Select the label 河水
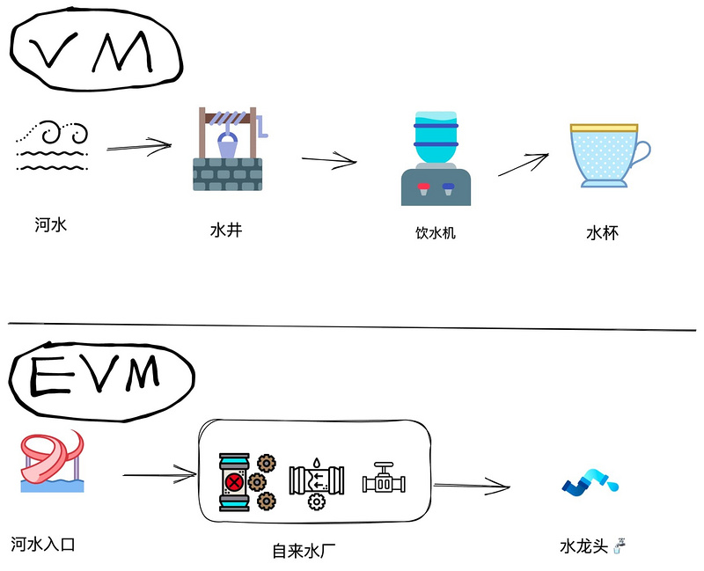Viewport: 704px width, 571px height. coord(51,225)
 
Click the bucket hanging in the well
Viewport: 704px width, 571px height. coord(226,144)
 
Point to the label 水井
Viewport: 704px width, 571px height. coord(225,231)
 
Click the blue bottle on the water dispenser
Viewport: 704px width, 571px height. coord(436,137)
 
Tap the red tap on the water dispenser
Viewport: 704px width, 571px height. coord(423,187)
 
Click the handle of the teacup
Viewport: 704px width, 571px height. coord(642,154)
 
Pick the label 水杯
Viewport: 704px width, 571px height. coord(602,233)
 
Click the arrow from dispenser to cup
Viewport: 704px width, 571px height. coord(524,165)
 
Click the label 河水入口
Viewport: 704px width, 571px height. coord(43,545)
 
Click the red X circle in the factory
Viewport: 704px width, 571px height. coord(234,481)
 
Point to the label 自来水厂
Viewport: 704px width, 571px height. coord(304,552)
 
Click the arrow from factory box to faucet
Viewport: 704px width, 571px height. coord(472,485)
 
